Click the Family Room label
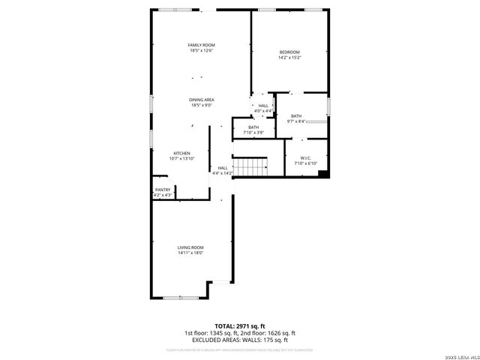[201, 45]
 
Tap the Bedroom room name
[289, 52]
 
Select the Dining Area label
[201, 100]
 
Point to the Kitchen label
[182, 153]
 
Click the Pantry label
[163, 190]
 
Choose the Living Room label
[190, 247]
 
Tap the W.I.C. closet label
[306, 157]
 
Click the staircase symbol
[250, 166]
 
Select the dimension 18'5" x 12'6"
[201, 50]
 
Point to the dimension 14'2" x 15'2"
[289, 57]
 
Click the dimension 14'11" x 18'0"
[190, 253]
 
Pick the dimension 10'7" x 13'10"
[182, 158]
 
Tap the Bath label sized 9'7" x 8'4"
[296, 115]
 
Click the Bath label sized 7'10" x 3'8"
[253, 127]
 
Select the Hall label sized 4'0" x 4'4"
[263, 106]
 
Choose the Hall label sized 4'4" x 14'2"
[223, 168]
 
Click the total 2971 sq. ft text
[239, 326]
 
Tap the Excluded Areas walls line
[239, 340]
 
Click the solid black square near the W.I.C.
[322, 175]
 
